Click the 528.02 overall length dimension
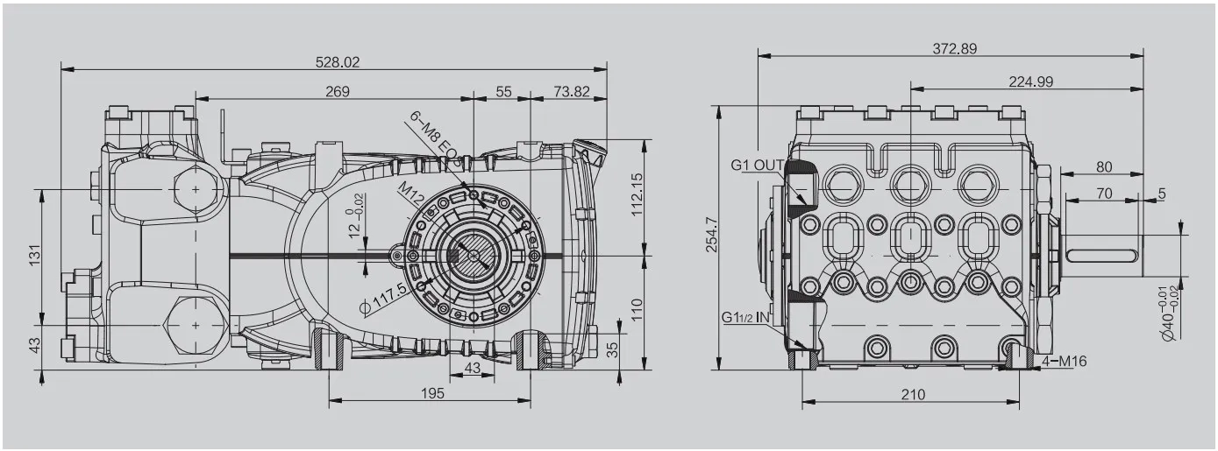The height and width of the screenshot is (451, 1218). click(338, 62)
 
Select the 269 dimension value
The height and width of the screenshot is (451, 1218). click(338, 91)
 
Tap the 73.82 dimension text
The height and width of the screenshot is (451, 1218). click(572, 91)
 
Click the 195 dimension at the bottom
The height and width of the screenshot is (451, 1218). click(431, 393)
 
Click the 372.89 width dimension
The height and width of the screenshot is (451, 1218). click(954, 49)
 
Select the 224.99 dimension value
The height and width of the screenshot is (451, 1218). click(1030, 81)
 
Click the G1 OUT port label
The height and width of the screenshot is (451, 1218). click(758, 165)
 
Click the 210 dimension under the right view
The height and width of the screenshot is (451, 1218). click(913, 394)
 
